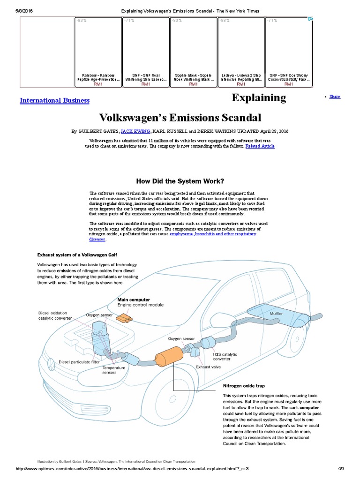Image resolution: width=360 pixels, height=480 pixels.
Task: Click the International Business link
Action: click(54, 100)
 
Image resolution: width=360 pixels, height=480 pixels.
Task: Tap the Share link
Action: click(335, 97)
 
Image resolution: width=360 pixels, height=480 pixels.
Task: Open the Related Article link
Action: click(260, 146)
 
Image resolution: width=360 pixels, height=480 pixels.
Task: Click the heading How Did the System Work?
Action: click(180, 181)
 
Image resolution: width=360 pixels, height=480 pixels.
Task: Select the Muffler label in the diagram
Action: click(276, 313)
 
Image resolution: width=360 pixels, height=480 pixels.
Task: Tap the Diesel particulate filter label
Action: click(79, 362)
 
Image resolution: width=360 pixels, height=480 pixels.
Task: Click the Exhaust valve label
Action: click(208, 367)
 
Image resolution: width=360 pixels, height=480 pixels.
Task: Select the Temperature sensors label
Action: click(114, 370)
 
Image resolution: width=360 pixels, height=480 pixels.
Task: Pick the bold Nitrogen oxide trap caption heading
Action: click(244, 387)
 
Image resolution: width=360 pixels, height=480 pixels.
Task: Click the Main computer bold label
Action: click(134, 300)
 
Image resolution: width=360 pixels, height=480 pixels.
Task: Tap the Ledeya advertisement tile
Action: click(241, 52)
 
